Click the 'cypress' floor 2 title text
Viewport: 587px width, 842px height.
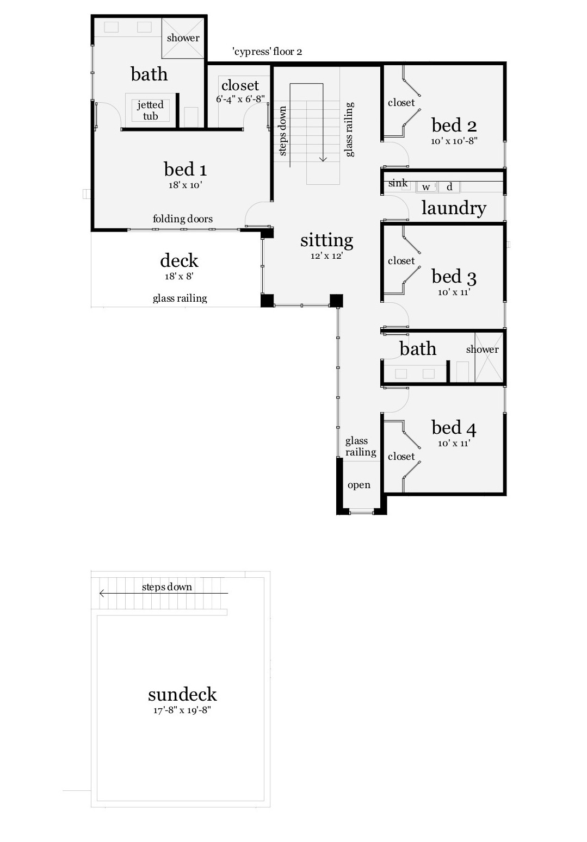point(267,52)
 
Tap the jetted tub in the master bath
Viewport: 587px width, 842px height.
point(151,110)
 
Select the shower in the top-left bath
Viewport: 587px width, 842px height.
point(183,38)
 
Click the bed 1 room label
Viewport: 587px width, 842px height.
point(185,170)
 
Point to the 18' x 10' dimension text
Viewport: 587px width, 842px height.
point(185,185)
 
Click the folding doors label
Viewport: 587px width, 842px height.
point(182,219)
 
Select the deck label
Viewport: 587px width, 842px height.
point(179,261)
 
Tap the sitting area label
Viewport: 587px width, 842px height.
point(326,240)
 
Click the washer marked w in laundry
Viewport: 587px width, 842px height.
point(427,188)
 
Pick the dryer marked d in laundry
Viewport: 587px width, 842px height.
point(449,188)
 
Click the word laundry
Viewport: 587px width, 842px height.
point(453,208)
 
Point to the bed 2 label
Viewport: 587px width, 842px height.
point(454,126)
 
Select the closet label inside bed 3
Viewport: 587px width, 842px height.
point(401,261)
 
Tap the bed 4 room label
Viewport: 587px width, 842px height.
point(454,428)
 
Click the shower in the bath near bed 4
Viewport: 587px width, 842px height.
point(483,356)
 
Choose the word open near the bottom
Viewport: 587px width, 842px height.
point(359,485)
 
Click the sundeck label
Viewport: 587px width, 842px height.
point(182,695)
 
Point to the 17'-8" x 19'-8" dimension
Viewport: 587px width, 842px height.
point(182,710)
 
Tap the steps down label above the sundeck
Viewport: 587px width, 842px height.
point(166,587)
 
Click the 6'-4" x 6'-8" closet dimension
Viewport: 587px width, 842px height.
point(240,99)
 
